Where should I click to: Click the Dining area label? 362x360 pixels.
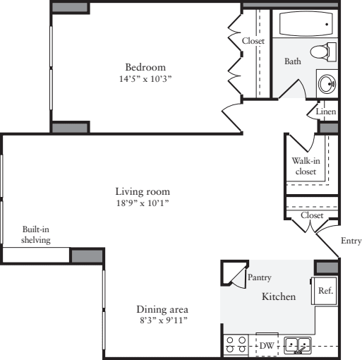coord(163,309)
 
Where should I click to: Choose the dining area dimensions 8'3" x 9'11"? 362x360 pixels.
coord(163,320)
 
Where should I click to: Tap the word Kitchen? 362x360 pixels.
coord(279,297)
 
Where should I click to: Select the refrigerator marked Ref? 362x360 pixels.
coord(325,290)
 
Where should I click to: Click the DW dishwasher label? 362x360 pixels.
coord(267,346)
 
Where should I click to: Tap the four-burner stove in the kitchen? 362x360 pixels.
coord(235,345)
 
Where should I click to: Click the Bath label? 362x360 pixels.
coord(292,62)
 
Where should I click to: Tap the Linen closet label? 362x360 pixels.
coord(325,112)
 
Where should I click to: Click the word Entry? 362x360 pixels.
coord(351,241)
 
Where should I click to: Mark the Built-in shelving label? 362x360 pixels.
coord(35,235)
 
